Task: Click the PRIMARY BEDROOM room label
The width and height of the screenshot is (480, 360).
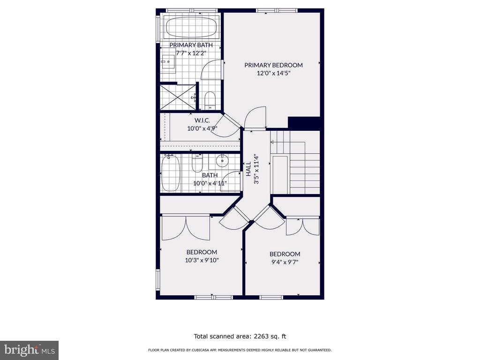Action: coord(273,65)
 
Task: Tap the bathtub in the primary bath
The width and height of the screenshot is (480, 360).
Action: coord(192,27)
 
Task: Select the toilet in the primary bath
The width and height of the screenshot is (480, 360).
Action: coord(210,100)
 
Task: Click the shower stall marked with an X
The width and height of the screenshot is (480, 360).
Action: coord(178,97)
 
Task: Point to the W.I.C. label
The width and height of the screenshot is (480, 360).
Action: coord(202,120)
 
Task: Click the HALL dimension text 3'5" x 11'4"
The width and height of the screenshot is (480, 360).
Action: coord(256,169)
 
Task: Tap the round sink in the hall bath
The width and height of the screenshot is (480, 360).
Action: coord(221,160)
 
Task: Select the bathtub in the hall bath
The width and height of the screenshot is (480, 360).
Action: coord(170,173)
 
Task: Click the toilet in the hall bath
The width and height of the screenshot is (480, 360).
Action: coord(197,163)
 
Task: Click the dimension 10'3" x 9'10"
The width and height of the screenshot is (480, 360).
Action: coord(202,260)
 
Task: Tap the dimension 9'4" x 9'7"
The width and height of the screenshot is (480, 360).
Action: coord(285,262)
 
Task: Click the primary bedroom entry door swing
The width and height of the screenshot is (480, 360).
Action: coord(255,118)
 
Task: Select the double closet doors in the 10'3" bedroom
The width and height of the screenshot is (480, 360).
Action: coord(186,228)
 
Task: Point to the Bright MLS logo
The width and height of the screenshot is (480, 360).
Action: coord(29,350)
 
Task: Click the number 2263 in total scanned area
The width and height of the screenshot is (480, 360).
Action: coord(261,336)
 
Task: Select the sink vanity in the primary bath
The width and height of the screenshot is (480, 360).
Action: coord(168,63)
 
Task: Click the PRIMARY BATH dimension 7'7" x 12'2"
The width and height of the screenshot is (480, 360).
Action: coord(191,53)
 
